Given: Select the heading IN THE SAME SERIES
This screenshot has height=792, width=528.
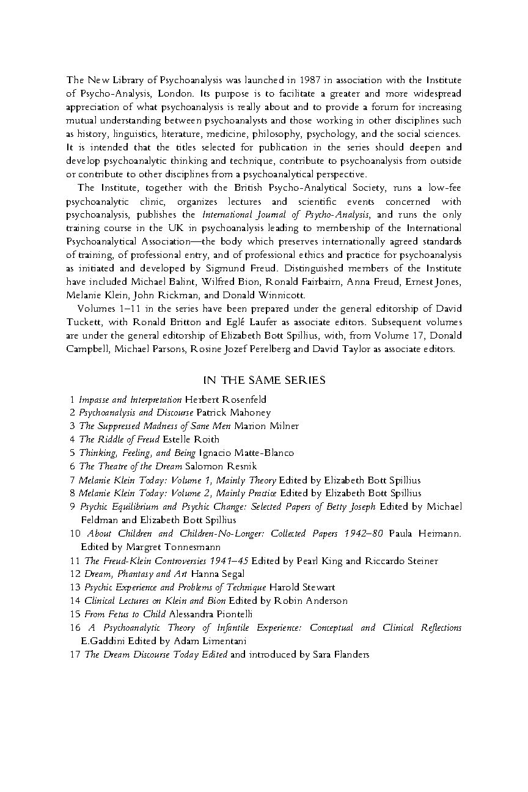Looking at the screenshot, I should coord(264,380).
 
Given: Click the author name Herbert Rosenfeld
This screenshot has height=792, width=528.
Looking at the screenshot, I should coord(225,400).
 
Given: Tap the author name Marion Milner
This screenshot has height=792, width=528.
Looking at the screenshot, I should coord(266,426).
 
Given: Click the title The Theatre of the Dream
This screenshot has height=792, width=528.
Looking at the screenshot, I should coord(131,466).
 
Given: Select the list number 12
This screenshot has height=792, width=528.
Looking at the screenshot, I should coord(75,574).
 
